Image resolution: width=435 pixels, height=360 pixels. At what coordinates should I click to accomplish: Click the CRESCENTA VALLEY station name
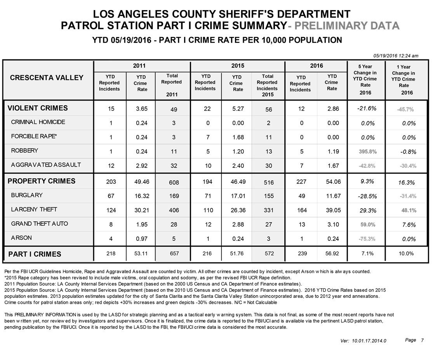[47, 78]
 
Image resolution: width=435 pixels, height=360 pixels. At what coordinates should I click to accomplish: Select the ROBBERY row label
[24, 151]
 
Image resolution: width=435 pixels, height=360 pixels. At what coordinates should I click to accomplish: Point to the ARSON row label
[21, 238]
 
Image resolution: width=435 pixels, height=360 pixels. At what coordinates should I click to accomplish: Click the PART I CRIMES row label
[35, 254]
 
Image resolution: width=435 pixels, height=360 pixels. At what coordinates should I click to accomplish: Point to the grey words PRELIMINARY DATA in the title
[349, 26]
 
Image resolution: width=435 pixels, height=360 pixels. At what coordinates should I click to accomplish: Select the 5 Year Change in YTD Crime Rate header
[365, 79]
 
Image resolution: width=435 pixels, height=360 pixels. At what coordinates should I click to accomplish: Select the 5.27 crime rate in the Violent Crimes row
[238, 109]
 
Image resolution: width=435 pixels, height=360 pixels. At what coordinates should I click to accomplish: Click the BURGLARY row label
[27, 195]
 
